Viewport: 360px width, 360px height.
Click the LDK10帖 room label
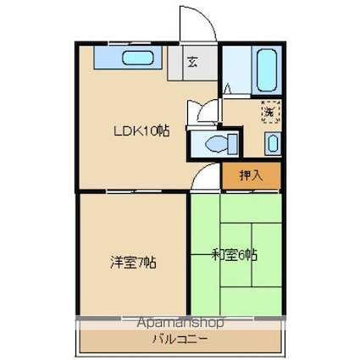click(x=141, y=131)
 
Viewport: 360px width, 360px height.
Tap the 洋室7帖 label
click(x=133, y=262)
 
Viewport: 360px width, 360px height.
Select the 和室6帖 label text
click(x=235, y=255)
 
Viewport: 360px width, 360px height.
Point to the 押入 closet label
click(x=251, y=175)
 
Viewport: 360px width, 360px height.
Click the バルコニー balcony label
click(x=180, y=339)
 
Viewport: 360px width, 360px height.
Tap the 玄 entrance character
click(x=192, y=63)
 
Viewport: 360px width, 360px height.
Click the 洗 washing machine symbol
click(x=271, y=112)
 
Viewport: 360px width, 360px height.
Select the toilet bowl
click(x=216, y=144)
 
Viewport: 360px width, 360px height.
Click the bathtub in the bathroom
click(x=266, y=70)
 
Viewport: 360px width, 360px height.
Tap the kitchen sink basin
click(x=138, y=58)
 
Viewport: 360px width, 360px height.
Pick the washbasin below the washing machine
click(x=273, y=144)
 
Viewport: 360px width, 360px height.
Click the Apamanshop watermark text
click(x=180, y=322)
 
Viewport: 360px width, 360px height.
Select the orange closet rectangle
click(x=252, y=175)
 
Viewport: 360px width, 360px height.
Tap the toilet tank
click(x=232, y=144)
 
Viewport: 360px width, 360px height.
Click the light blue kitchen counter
click(x=128, y=58)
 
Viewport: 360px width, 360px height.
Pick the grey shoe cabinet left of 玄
click(x=175, y=63)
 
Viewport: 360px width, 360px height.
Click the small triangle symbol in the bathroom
click(x=227, y=88)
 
